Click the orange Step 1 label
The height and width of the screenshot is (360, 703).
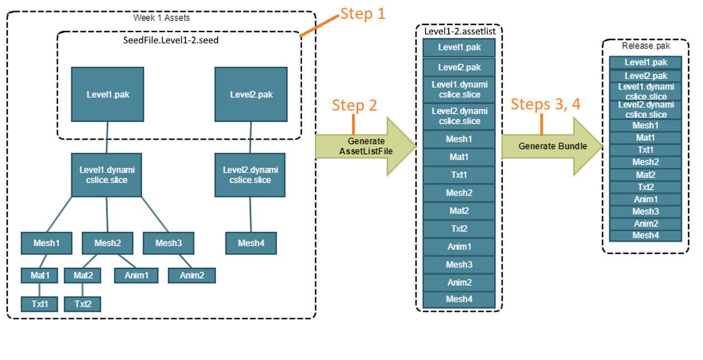coord(362,14)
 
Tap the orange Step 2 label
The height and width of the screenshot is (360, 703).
coord(354,105)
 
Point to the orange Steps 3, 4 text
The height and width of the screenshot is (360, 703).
coord(545,104)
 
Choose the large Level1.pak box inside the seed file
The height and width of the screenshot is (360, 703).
coord(108,94)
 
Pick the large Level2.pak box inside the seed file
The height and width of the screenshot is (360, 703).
coord(251,94)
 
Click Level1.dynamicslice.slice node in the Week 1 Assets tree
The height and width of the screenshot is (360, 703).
coord(107,175)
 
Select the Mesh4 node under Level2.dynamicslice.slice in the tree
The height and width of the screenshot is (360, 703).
coord(250,243)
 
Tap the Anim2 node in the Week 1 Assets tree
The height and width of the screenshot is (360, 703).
coord(191,275)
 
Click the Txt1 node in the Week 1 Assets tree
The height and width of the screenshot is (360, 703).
coord(39,304)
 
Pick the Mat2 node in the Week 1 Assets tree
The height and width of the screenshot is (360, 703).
coord(82,275)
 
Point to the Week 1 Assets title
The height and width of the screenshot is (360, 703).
coord(161,18)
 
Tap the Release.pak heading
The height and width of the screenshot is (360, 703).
coord(645,47)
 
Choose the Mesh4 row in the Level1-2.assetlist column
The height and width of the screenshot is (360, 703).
coord(459,299)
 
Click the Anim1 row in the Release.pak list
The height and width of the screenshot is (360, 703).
coord(645,199)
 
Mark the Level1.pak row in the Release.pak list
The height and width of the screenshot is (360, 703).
coord(645,63)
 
